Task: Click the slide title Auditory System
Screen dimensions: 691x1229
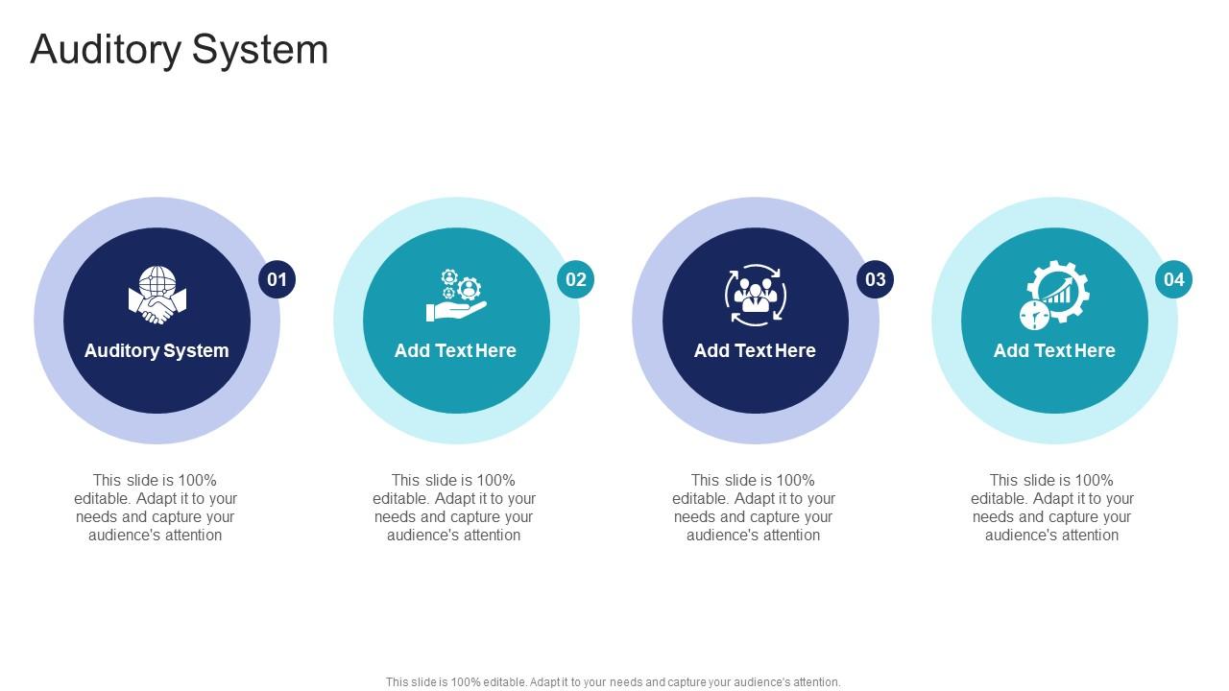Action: pos(179,50)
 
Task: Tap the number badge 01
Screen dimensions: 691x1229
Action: pos(277,279)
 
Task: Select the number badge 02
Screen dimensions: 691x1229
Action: pos(575,279)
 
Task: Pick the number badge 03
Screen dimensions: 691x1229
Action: pos(875,279)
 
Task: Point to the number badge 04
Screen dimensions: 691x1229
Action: pos(1173,279)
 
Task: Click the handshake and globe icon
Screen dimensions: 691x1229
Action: pos(157,296)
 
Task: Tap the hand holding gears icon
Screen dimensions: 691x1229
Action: pos(456,296)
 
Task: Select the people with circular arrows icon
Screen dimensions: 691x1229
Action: pos(755,296)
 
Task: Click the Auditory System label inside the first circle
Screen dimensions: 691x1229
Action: pos(157,350)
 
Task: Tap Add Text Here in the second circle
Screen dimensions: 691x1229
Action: pos(455,350)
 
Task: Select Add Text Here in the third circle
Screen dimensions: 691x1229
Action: pos(755,350)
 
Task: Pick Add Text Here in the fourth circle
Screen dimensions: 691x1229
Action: pos(1054,350)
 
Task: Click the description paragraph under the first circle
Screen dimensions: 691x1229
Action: pos(156,508)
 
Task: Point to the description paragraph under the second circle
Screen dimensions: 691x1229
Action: pos(454,508)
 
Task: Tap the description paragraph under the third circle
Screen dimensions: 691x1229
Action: pos(754,508)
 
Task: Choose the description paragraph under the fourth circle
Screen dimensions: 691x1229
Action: pos(1052,508)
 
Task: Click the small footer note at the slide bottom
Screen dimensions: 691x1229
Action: pos(614,682)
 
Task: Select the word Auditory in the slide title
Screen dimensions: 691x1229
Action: pos(106,50)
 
